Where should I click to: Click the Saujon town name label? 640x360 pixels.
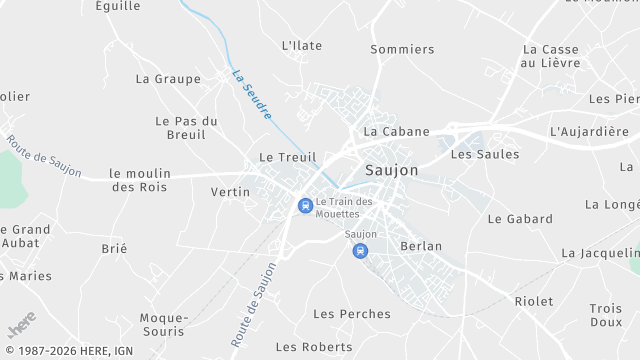coord(392,171)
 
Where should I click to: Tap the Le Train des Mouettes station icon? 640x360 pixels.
coord(304,206)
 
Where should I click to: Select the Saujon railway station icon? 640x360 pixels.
coord(359,252)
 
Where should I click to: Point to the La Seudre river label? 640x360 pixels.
coord(251,95)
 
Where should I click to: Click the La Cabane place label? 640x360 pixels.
coord(396,131)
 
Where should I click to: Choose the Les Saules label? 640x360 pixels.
coord(485,154)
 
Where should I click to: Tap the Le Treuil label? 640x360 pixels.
coord(280,157)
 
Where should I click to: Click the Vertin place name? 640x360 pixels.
coord(230,191)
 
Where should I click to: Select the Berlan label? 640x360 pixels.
coord(420,246)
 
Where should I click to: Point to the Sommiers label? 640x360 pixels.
coord(402,49)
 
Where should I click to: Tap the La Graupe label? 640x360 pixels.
coord(162,78)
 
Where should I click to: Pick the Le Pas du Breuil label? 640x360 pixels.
coord(187,127)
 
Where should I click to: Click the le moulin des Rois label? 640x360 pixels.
coord(140,180)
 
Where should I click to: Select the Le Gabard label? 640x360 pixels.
coord(520,219)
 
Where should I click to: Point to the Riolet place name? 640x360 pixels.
coord(534,301)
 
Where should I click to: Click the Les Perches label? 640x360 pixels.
coord(352,314)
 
